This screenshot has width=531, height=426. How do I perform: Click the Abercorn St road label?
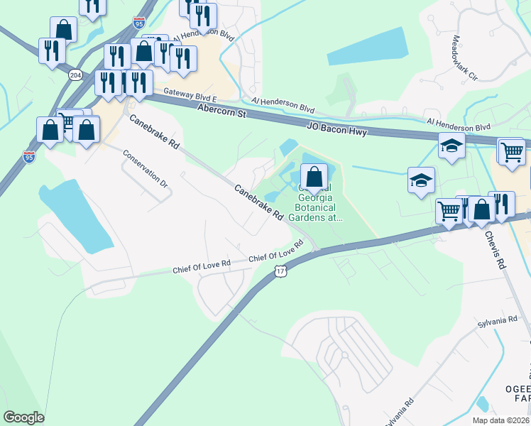(x=221, y=111)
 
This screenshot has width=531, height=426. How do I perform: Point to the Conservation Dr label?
(x=145, y=168)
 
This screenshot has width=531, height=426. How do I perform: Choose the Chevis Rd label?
(x=496, y=248)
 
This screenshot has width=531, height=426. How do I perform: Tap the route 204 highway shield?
(x=75, y=74)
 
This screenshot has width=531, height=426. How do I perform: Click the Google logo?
(x=23, y=417)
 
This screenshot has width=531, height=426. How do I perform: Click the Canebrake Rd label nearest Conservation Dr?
(x=153, y=133)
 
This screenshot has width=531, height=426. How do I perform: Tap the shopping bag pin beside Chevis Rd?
(x=482, y=209)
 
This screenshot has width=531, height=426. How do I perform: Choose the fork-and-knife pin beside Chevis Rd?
(x=503, y=204)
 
